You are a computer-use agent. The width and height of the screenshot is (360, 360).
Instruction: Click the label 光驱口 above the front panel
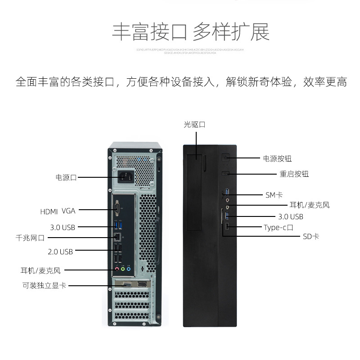(x=194, y=125)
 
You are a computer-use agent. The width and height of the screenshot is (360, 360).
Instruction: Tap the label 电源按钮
(x=277, y=158)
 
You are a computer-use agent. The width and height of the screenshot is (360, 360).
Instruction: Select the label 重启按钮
(x=294, y=174)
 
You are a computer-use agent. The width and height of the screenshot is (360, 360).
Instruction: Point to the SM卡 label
(x=274, y=195)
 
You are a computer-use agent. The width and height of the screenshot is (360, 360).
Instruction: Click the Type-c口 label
(x=279, y=227)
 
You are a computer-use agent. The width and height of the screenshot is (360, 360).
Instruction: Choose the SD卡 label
(x=311, y=236)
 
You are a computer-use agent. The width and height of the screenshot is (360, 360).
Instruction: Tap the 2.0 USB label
(x=60, y=252)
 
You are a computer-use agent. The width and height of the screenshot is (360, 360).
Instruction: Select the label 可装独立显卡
(x=45, y=285)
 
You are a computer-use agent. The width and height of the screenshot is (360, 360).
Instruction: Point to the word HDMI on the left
(x=49, y=211)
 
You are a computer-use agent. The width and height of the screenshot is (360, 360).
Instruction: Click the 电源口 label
(x=66, y=177)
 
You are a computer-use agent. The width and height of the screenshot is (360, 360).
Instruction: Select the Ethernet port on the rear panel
(x=117, y=236)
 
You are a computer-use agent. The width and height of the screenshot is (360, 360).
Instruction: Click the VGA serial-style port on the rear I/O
(x=117, y=208)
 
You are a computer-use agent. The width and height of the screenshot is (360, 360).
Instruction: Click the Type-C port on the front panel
(x=227, y=226)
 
